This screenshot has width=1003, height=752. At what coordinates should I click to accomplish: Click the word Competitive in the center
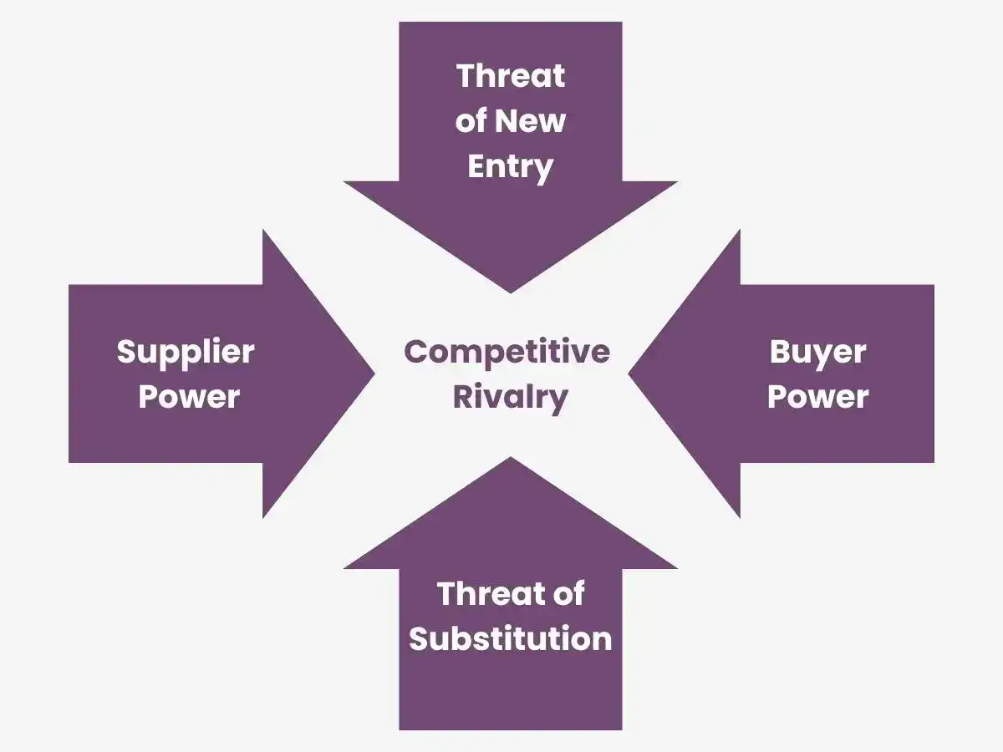coord(507,352)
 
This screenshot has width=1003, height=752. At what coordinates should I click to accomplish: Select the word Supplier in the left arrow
coord(186,353)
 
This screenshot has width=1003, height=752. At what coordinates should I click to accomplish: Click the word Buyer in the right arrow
coord(817,353)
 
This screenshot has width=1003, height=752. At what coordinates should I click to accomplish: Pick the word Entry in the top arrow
coord(511,168)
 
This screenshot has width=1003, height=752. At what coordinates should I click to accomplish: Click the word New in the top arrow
coord(531,121)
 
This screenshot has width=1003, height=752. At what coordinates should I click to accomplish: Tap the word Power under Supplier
coord(189,396)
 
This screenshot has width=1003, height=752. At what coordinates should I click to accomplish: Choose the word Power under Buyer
coord(818,396)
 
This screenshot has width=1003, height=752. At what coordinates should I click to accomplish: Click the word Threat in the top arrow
coord(511,76)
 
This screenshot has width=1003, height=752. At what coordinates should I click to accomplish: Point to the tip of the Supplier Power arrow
coord(374,373)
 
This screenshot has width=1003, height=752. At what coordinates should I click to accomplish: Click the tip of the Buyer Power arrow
coord(629,374)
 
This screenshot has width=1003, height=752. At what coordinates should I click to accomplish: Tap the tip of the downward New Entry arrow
coord(511,292)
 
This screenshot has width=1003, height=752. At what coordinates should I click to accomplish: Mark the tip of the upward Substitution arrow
coord(511,457)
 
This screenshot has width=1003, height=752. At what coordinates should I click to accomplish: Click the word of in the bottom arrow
coord(568,593)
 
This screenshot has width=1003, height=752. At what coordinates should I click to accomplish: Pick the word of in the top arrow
coord(471,121)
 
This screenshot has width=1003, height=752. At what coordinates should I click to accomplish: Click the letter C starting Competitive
coord(416,352)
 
